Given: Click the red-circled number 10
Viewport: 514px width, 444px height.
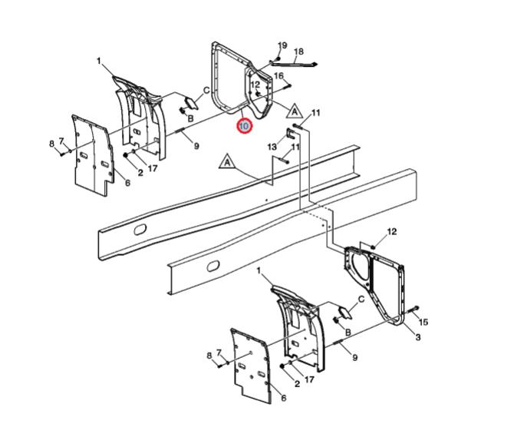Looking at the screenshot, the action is (245, 126).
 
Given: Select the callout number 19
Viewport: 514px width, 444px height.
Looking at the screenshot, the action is (282, 45).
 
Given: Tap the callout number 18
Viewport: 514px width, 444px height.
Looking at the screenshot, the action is (298, 51).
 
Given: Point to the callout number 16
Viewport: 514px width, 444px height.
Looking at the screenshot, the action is (278, 76).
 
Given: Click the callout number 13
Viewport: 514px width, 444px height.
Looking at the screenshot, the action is (272, 147).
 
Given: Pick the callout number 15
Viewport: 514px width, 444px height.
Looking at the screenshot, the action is (423, 323).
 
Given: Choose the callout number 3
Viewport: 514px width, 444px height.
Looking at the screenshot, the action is (418, 337).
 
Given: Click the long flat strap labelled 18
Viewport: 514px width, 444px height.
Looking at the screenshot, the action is (294, 62).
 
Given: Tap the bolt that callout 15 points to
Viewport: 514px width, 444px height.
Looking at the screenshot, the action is (413, 310).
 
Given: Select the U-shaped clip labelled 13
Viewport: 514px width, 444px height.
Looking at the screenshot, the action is (291, 134).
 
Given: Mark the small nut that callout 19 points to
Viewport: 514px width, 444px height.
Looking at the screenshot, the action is (278, 58).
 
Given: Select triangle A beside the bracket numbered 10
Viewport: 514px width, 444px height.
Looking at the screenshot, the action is (295, 111).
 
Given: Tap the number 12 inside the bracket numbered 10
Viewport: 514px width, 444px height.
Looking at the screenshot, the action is (255, 84).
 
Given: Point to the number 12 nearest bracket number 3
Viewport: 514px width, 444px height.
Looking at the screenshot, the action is (392, 232).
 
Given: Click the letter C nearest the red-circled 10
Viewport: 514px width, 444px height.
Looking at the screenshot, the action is (206, 90).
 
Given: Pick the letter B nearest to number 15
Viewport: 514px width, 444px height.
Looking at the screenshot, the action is (348, 333).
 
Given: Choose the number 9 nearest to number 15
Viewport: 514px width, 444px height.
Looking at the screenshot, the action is (355, 357).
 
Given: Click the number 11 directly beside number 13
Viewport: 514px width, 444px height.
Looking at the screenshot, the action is (295, 147).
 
